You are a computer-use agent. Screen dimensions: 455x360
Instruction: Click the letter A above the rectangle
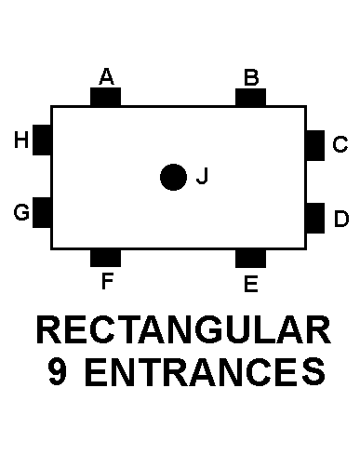pos(106,76)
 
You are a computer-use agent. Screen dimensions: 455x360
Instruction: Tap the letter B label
pos(251,76)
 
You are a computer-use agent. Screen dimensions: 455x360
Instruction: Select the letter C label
pos(340,144)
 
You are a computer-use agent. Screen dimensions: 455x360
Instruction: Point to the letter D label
pos(340,219)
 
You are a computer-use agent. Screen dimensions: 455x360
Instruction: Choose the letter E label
pos(250,284)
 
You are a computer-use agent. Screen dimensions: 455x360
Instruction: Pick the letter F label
pos(107,280)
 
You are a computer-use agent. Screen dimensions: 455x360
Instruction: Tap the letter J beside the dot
pos(202,177)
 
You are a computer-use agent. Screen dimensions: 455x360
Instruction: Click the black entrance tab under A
pos(106,97)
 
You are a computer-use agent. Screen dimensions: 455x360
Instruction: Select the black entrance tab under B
pos(251,97)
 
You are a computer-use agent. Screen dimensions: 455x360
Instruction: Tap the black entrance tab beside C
pos(315,145)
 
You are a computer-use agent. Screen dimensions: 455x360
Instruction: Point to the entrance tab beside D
pos(315,217)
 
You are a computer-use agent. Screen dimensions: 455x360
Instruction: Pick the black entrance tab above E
pos(251,258)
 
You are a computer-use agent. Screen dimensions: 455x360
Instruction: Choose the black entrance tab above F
pos(106,258)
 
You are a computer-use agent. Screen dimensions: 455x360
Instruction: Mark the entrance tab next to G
pos(42,212)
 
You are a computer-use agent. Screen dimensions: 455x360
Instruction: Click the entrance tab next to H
pos(42,140)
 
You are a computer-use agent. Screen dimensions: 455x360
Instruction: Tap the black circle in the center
pos(172,177)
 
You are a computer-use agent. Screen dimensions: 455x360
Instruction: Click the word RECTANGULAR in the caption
pos(182,332)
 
